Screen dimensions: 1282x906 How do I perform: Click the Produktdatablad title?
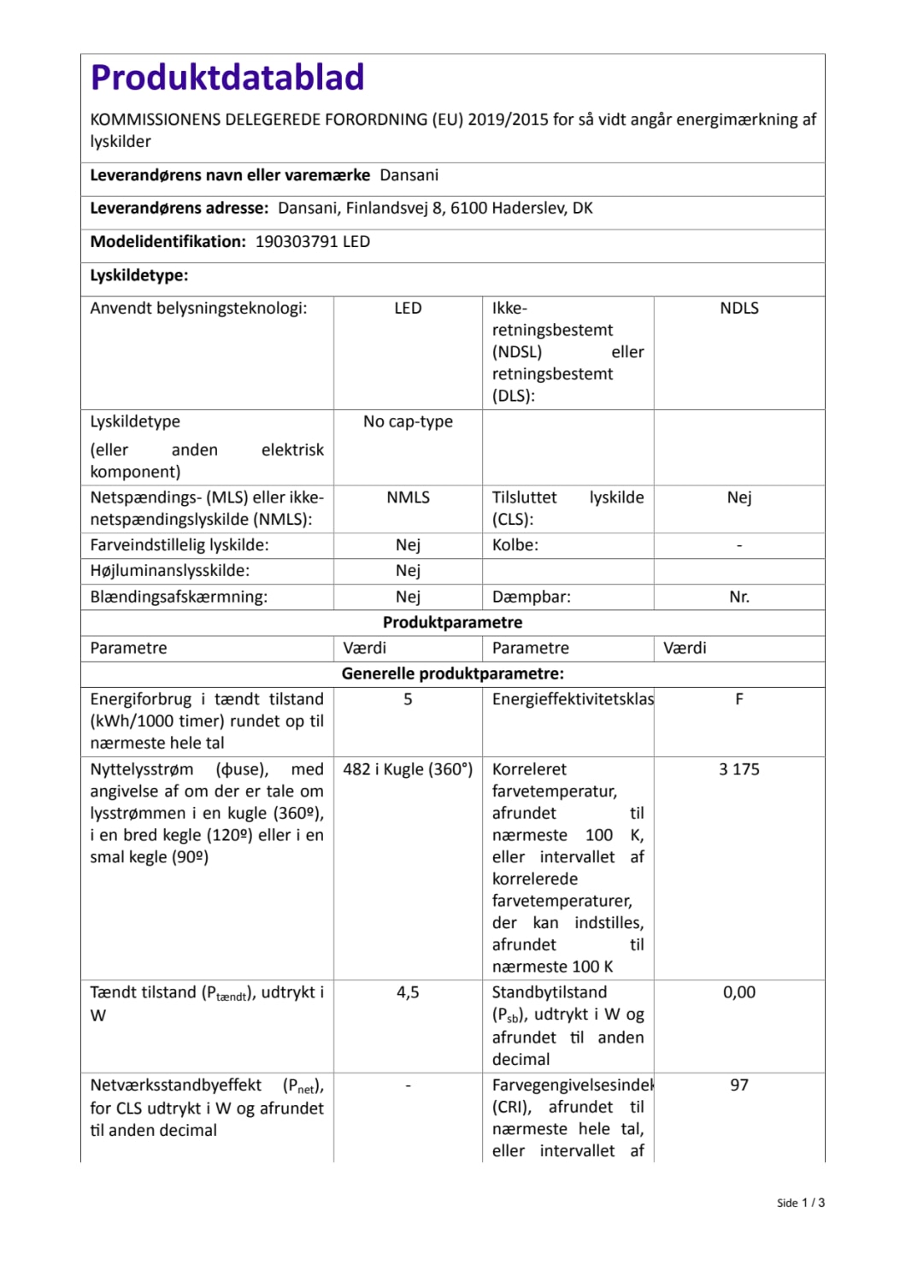coord(227,78)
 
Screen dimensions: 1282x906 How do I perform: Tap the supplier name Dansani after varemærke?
coord(409,175)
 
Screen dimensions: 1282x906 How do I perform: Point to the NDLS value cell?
coord(738,309)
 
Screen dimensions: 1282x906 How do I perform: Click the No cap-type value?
coord(408,421)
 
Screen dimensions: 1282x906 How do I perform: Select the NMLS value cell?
coord(408,497)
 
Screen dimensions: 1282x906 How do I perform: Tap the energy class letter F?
coord(738,699)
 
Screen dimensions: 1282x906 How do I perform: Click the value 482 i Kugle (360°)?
coord(408,769)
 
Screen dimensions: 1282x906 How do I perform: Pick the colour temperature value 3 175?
coord(738,769)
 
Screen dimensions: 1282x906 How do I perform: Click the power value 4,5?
coord(408,992)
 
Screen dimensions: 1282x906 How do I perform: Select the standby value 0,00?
coord(738,992)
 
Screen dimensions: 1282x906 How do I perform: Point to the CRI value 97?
coord(738,1085)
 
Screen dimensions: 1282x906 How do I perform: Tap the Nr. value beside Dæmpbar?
coord(738,597)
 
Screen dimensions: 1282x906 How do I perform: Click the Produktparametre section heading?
coord(452,622)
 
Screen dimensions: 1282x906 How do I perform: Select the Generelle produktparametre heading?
coord(452,673)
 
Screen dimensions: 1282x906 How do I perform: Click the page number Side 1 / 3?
coord(800,1203)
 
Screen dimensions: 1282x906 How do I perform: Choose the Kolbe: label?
coord(515,545)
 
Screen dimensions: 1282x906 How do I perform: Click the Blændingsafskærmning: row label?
coord(179,597)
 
